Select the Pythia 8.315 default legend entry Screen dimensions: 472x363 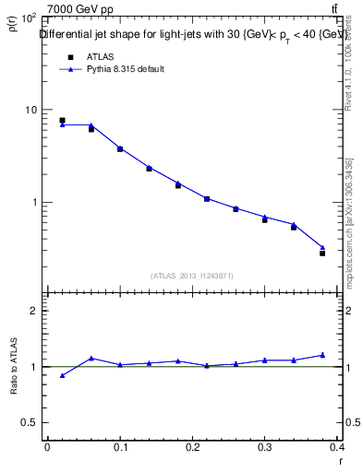(x=126, y=70)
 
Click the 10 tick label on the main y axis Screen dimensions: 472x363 (x=30, y=110)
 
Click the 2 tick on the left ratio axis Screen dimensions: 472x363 (x=34, y=311)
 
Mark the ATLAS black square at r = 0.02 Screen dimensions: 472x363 (x=62, y=121)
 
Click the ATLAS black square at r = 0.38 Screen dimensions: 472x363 (x=322, y=253)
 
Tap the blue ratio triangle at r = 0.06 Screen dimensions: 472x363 (x=91, y=359)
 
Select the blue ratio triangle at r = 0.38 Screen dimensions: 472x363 (x=322, y=355)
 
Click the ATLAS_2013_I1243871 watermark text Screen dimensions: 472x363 (x=192, y=276)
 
